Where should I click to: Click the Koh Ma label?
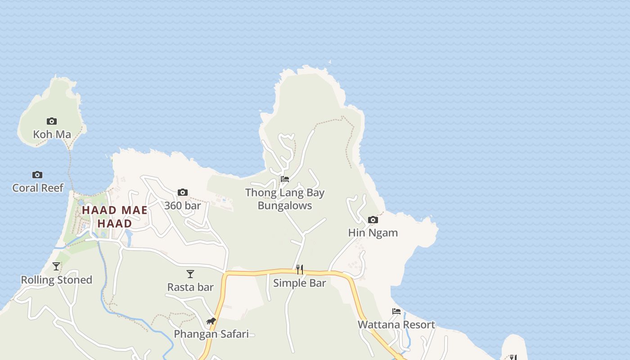[x=52, y=134]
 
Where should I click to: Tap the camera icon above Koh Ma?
[x=52, y=121]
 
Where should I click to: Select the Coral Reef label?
[x=38, y=188]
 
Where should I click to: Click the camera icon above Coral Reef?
[x=37, y=175]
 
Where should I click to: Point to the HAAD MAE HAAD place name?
[x=115, y=216]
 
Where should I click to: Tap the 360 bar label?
[x=182, y=206]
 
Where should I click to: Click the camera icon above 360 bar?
[x=182, y=193]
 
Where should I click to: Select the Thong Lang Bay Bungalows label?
[x=284, y=199]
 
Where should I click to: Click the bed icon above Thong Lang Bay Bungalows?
[x=284, y=179]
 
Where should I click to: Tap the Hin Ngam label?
[x=373, y=233]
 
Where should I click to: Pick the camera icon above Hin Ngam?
[x=373, y=220]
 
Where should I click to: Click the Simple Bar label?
[x=299, y=283]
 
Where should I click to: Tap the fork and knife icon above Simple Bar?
[x=299, y=270]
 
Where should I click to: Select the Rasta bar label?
[x=190, y=287]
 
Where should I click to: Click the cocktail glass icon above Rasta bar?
[x=190, y=274]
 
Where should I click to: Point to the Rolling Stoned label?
[x=56, y=280]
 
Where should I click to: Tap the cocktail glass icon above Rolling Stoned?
[x=56, y=266]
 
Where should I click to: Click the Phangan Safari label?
[x=211, y=334]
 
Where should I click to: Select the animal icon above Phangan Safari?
[x=211, y=321]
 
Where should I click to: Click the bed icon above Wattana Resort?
[x=396, y=311]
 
